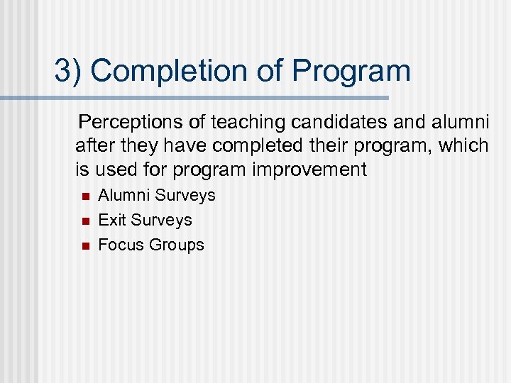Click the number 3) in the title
click(x=68, y=71)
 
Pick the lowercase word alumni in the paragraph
click(x=459, y=123)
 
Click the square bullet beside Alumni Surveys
click(x=84, y=196)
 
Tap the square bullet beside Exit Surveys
click(x=84, y=221)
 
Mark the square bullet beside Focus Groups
click(x=84, y=245)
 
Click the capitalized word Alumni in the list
click(x=124, y=195)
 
